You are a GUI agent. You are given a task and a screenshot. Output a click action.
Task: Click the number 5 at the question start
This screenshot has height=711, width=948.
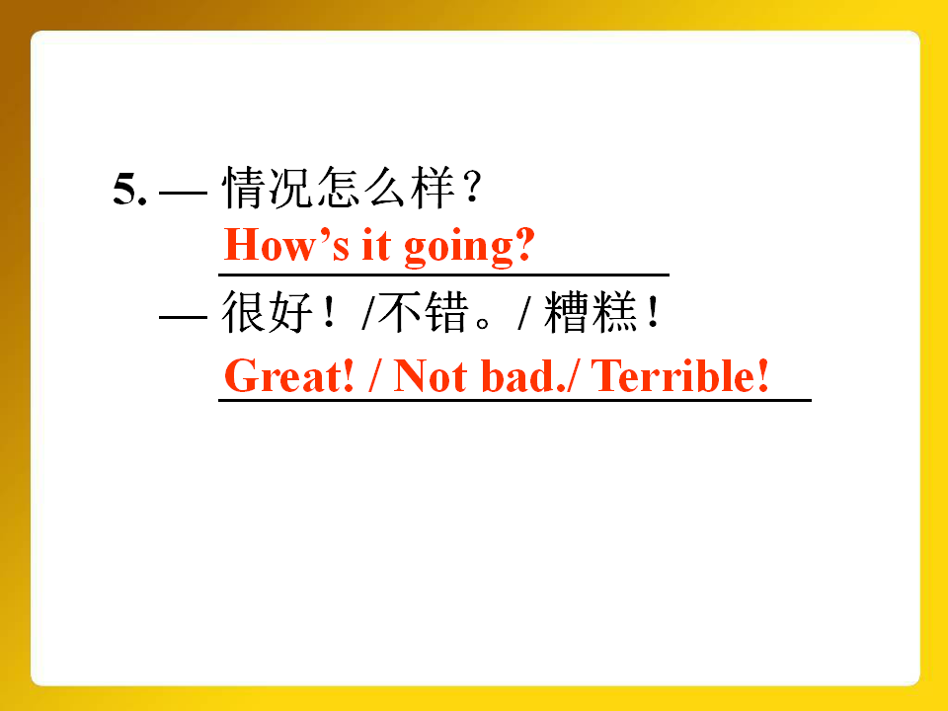(x=125, y=189)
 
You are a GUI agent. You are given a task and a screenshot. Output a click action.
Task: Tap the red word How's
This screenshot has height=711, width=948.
(x=286, y=245)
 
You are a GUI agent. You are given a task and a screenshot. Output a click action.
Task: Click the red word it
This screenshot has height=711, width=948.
(x=376, y=244)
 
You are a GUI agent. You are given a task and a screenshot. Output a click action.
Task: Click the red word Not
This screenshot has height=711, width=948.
(x=430, y=375)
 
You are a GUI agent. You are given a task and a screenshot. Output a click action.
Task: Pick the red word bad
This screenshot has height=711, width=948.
(x=517, y=375)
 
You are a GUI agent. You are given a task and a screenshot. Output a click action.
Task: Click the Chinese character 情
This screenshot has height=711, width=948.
(x=244, y=188)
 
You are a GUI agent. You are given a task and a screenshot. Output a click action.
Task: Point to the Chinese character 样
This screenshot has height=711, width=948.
(x=433, y=188)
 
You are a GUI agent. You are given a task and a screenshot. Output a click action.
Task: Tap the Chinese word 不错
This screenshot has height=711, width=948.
(x=424, y=312)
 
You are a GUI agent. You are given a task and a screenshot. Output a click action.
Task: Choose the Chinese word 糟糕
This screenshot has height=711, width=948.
(x=591, y=312)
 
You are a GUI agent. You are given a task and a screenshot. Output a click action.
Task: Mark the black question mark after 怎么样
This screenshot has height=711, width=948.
(x=474, y=188)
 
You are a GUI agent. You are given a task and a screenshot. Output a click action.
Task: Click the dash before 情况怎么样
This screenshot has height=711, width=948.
(x=184, y=193)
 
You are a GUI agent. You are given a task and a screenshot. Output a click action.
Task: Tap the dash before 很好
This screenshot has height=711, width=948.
(x=184, y=317)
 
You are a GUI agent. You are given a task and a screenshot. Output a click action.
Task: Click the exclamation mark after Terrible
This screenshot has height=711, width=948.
(x=763, y=375)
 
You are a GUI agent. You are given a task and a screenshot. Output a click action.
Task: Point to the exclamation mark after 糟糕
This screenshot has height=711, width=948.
(x=654, y=312)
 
